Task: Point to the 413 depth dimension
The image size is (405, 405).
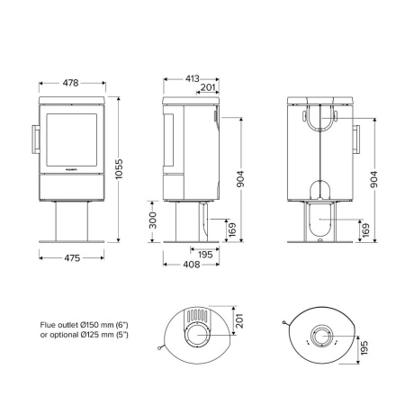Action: click(192, 80)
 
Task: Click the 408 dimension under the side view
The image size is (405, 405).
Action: click(192, 265)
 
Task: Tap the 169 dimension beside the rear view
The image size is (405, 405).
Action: click(365, 231)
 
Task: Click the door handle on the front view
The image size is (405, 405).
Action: click(37, 140)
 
